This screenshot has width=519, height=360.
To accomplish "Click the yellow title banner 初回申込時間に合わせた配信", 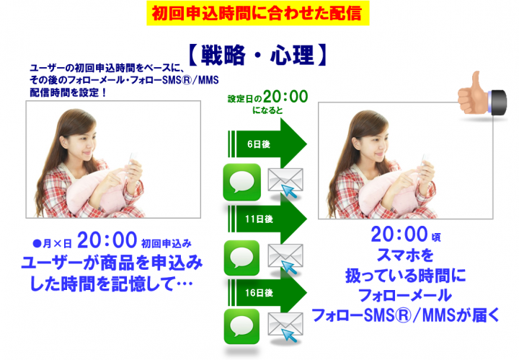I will pyautogui.click(x=259, y=12).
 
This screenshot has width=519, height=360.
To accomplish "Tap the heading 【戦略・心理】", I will pyautogui.click(x=259, y=55).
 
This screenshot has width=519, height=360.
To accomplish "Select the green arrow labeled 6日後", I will pyautogui.click(x=267, y=144).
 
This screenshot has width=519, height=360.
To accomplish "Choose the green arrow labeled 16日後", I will pyautogui.click(x=267, y=294).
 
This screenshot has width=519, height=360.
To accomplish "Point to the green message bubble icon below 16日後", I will pyautogui.click(x=241, y=326).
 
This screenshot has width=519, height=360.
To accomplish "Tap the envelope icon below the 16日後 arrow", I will pyautogui.click(x=284, y=328).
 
